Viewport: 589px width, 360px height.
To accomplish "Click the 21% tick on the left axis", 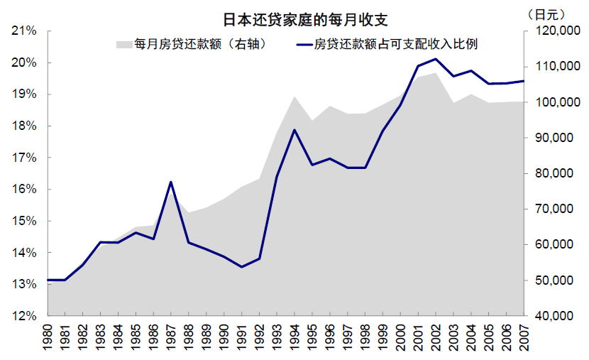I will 25,31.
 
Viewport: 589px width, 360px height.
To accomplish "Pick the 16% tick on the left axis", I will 25,190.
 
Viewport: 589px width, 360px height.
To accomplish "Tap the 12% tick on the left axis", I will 25,316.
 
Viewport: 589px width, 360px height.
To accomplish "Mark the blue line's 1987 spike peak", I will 171,182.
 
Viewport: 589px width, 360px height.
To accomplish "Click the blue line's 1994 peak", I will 294,130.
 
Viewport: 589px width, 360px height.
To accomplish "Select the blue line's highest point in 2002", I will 436,59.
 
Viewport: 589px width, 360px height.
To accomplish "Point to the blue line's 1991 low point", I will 241,267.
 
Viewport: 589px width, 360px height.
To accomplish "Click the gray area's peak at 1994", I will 294,96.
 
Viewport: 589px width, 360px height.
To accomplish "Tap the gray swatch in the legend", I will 123,44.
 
